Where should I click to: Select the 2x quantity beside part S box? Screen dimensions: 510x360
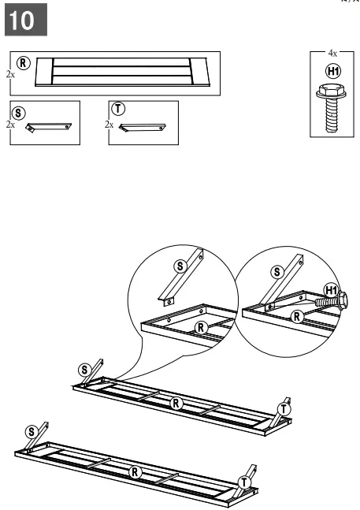9,124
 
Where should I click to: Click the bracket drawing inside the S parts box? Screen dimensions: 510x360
49,127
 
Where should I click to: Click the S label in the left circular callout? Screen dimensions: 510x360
179,267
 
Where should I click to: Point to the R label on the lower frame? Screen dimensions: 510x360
135,472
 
